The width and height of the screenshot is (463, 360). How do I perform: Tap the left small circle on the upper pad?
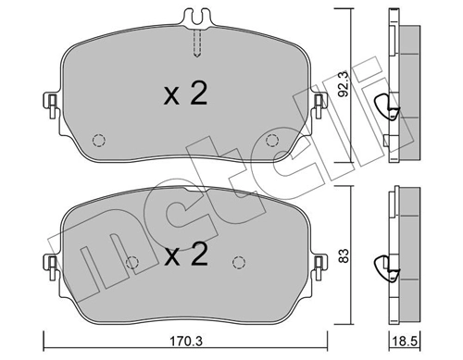point(98,141)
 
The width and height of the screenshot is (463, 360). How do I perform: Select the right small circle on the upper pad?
point(271,141)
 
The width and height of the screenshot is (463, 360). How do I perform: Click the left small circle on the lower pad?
point(131,262)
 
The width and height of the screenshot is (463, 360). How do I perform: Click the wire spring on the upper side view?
point(393,112)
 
